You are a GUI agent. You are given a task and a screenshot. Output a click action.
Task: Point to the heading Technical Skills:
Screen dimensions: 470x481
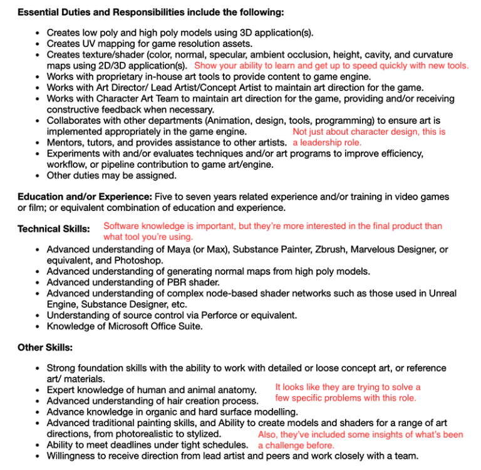(x=54, y=229)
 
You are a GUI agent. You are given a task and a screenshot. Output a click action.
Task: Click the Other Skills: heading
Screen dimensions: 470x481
(x=45, y=347)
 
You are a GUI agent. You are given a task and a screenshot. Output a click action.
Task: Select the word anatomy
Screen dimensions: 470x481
(x=235, y=390)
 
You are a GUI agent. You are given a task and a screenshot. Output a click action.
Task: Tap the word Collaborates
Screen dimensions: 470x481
(x=77, y=121)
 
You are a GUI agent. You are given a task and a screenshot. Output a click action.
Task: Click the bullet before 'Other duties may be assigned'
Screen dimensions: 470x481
(x=39, y=176)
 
